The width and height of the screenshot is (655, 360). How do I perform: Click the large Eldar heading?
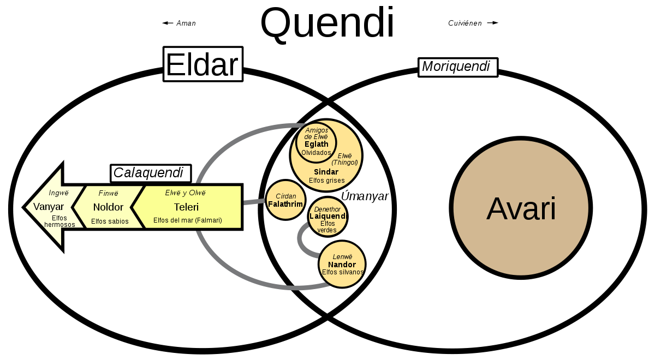203,65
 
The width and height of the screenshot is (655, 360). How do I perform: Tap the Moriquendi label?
457,67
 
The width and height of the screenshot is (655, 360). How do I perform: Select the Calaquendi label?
148,173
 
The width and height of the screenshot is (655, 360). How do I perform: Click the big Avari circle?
521,208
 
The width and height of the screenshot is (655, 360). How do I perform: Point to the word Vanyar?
49,207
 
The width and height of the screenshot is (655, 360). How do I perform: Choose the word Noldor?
108,207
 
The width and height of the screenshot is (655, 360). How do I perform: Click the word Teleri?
186,207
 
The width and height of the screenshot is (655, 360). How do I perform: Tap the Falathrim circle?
285,200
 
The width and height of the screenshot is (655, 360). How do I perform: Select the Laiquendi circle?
327,217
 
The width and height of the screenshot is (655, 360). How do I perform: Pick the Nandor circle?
342,265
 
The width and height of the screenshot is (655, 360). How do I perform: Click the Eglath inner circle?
316,143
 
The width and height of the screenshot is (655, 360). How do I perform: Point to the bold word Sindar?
326,172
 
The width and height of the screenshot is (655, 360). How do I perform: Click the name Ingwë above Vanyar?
58,193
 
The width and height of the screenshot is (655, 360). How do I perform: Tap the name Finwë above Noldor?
108,193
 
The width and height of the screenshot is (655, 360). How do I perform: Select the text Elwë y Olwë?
186,193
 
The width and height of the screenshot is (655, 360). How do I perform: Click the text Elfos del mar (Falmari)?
188,221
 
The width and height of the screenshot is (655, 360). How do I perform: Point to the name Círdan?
285,196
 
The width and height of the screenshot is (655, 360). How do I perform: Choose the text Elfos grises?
326,180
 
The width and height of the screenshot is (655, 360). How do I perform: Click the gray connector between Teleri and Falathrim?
253,202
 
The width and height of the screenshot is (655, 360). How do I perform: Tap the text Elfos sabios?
110,221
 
